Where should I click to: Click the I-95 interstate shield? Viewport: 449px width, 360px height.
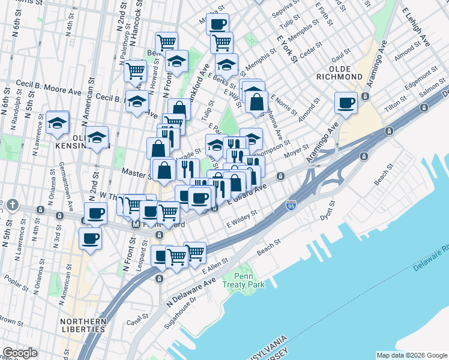tap(291, 205)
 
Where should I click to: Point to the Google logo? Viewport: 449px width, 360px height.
tap(20, 353)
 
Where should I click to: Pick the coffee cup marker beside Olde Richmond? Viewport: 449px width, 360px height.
tap(346, 103)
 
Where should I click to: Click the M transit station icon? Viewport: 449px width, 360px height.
tap(136, 224)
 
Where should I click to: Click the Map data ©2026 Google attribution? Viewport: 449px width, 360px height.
tap(411, 355)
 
